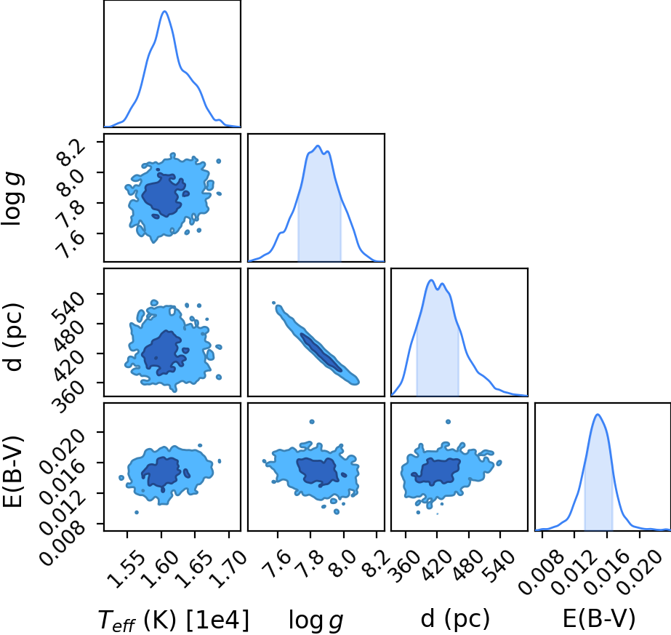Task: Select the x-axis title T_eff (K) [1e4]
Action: point(173,620)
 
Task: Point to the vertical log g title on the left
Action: point(13,199)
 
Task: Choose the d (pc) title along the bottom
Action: point(455,619)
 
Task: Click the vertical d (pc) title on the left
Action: point(13,337)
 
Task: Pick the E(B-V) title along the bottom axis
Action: point(599,619)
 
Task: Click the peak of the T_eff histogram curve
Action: point(165,11)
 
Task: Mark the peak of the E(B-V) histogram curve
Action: point(598,414)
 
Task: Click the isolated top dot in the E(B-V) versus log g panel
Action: point(312,422)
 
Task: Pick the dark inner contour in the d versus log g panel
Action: point(321,352)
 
